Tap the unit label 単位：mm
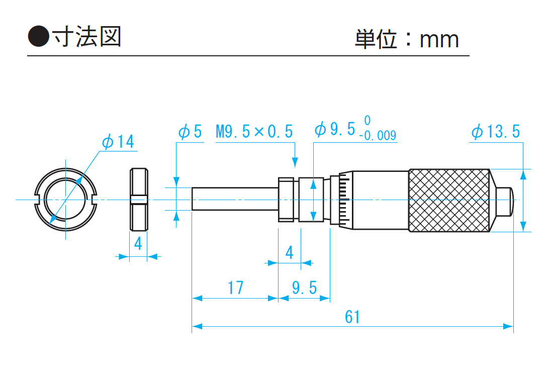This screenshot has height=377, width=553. (407, 39)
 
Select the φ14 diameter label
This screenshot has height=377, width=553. (118, 142)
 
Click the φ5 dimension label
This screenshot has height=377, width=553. (190, 132)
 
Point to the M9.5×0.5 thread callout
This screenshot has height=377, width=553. (254, 132)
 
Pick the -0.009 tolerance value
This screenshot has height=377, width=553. (378, 136)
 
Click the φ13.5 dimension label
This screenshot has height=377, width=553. (496, 132)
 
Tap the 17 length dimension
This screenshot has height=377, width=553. (235, 288)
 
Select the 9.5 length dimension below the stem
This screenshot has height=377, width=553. (305, 288)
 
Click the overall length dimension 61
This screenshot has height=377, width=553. (352, 317)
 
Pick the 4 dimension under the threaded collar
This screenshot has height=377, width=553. (289, 252)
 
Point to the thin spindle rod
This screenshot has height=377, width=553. (235, 199)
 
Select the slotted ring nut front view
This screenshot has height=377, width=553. (65, 200)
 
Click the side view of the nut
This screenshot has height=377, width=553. (138, 200)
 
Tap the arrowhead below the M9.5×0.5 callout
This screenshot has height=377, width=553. (295, 161)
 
